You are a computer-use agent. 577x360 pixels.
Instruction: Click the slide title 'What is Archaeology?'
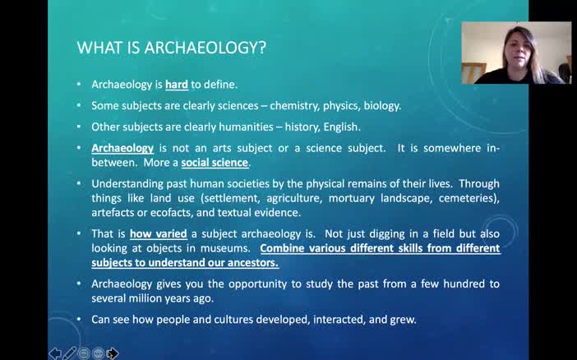pyautogui.click(x=171, y=48)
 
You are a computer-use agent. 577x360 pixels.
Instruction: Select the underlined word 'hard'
pyautogui.click(x=176, y=85)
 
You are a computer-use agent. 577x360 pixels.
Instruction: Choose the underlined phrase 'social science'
pyautogui.click(x=215, y=163)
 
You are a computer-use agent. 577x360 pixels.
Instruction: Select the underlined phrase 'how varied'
pyautogui.click(x=158, y=233)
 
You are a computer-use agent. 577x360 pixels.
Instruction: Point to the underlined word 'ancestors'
pyautogui.click(x=252, y=263)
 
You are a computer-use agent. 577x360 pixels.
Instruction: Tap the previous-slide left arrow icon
pyautogui.click(x=55, y=353)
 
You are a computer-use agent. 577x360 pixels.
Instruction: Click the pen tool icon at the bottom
pyautogui.click(x=70, y=353)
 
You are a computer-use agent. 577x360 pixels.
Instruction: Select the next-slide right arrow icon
pyautogui.click(x=112, y=353)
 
